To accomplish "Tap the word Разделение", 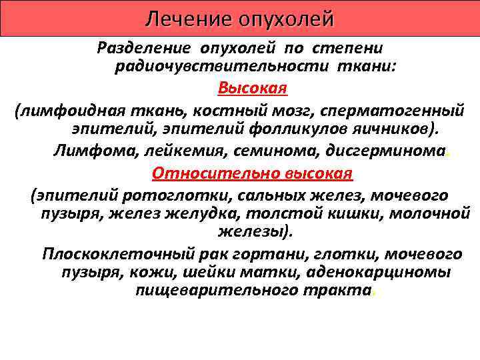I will (x=138, y=48).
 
